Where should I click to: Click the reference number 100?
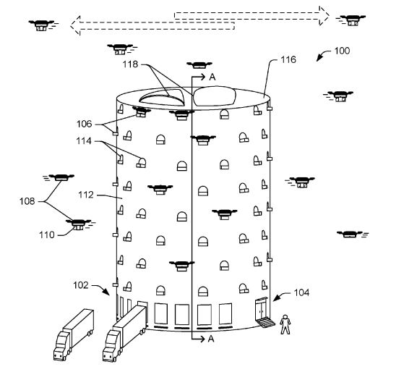point(342,51)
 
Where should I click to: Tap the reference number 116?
point(288,59)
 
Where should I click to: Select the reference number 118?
point(130,64)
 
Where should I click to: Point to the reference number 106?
point(85,124)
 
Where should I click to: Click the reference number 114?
point(84,141)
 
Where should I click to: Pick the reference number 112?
point(86,195)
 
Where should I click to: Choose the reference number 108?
point(27,201)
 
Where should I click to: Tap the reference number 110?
point(47,235)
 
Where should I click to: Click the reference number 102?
point(81,285)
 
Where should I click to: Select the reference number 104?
point(301,293)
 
